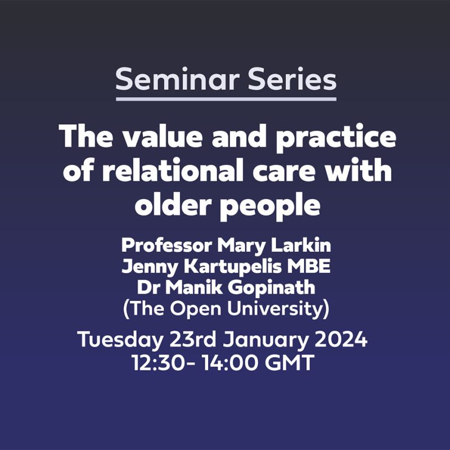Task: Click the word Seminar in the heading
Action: [177, 79]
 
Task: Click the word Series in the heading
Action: [292, 79]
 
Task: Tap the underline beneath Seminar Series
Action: [226, 99]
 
